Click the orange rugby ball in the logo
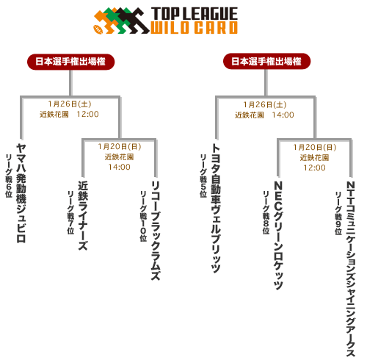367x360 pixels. point(98,29)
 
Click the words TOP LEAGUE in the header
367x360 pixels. point(195,14)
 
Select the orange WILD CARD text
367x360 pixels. point(194,27)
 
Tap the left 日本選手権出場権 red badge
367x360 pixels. point(70,62)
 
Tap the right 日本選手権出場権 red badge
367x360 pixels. point(266,61)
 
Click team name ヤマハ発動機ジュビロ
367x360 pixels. point(21,193)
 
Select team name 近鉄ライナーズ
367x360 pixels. point(83,215)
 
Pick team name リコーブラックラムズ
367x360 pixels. point(156,231)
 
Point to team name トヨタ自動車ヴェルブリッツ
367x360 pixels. point(216,209)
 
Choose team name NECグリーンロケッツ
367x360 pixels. point(278,235)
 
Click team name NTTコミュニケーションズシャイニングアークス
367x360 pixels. point(351,269)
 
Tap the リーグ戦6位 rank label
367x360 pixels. point(9,176)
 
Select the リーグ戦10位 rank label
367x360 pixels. point(143,216)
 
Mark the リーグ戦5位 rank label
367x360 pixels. point(203,176)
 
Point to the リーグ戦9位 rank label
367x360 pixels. point(338,213)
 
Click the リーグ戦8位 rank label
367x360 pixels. point(266,212)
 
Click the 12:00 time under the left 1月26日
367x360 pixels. point(87,114)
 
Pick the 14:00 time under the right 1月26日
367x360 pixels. point(283,115)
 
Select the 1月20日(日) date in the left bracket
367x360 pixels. point(120,147)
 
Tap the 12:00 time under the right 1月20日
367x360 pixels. point(314,168)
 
